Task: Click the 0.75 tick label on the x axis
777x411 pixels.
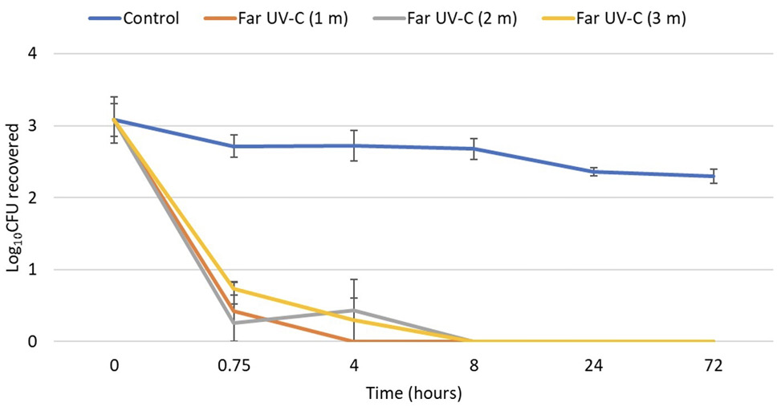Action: [234, 366]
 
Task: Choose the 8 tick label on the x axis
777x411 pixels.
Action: [474, 366]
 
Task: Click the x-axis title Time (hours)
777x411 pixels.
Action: [413, 393]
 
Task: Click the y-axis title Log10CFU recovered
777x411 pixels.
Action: [15, 197]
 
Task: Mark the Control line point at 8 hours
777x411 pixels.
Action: [474, 149]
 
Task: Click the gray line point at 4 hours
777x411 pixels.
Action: [354, 310]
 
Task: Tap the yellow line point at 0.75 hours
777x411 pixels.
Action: [234, 289]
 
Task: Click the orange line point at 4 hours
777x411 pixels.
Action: [354, 341]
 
